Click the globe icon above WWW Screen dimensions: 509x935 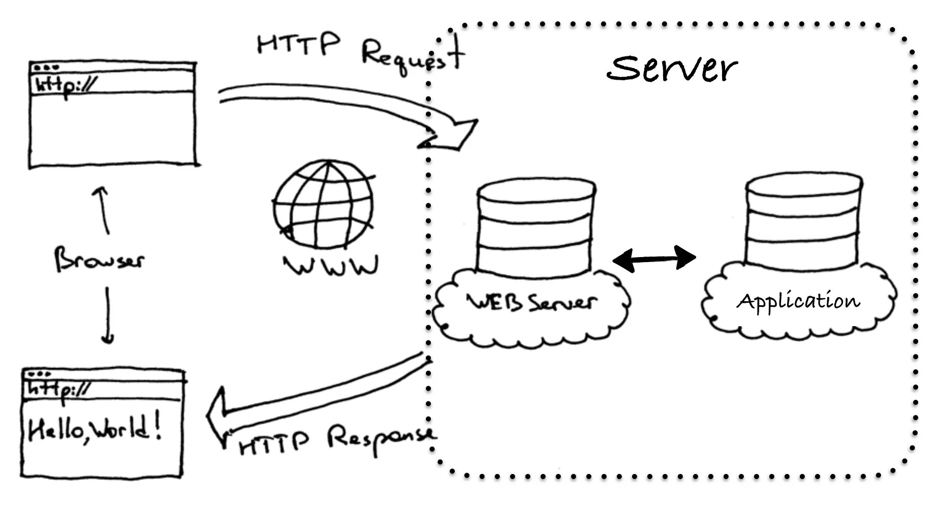point(324,204)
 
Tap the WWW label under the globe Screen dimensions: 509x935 point(331,266)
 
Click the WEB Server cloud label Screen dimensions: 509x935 point(532,303)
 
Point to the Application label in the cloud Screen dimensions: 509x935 point(798,301)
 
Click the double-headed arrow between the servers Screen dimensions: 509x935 point(654,259)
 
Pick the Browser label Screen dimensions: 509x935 point(99,260)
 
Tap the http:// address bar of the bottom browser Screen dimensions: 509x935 point(103,390)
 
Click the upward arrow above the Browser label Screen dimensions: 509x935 point(102,209)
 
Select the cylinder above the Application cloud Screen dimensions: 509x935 point(803,221)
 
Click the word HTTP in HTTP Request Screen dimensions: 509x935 point(298,44)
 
